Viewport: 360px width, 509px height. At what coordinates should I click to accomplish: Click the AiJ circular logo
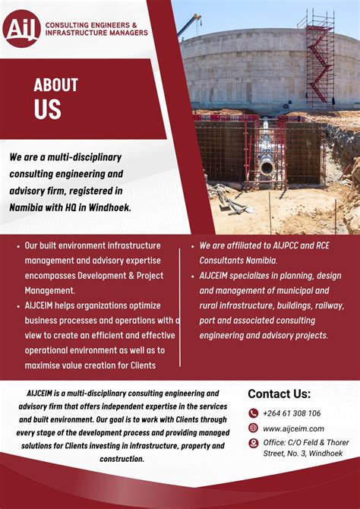22,28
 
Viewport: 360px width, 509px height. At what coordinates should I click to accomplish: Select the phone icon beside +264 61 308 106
254,413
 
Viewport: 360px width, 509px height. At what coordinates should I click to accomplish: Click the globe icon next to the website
254,428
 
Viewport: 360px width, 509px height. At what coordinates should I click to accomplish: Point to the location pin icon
254,444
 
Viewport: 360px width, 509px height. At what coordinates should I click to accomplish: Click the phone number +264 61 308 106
292,413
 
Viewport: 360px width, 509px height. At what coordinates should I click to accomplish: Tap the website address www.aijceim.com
293,428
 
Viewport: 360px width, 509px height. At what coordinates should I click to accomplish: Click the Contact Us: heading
279,394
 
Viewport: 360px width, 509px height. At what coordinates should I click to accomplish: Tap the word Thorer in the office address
335,443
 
